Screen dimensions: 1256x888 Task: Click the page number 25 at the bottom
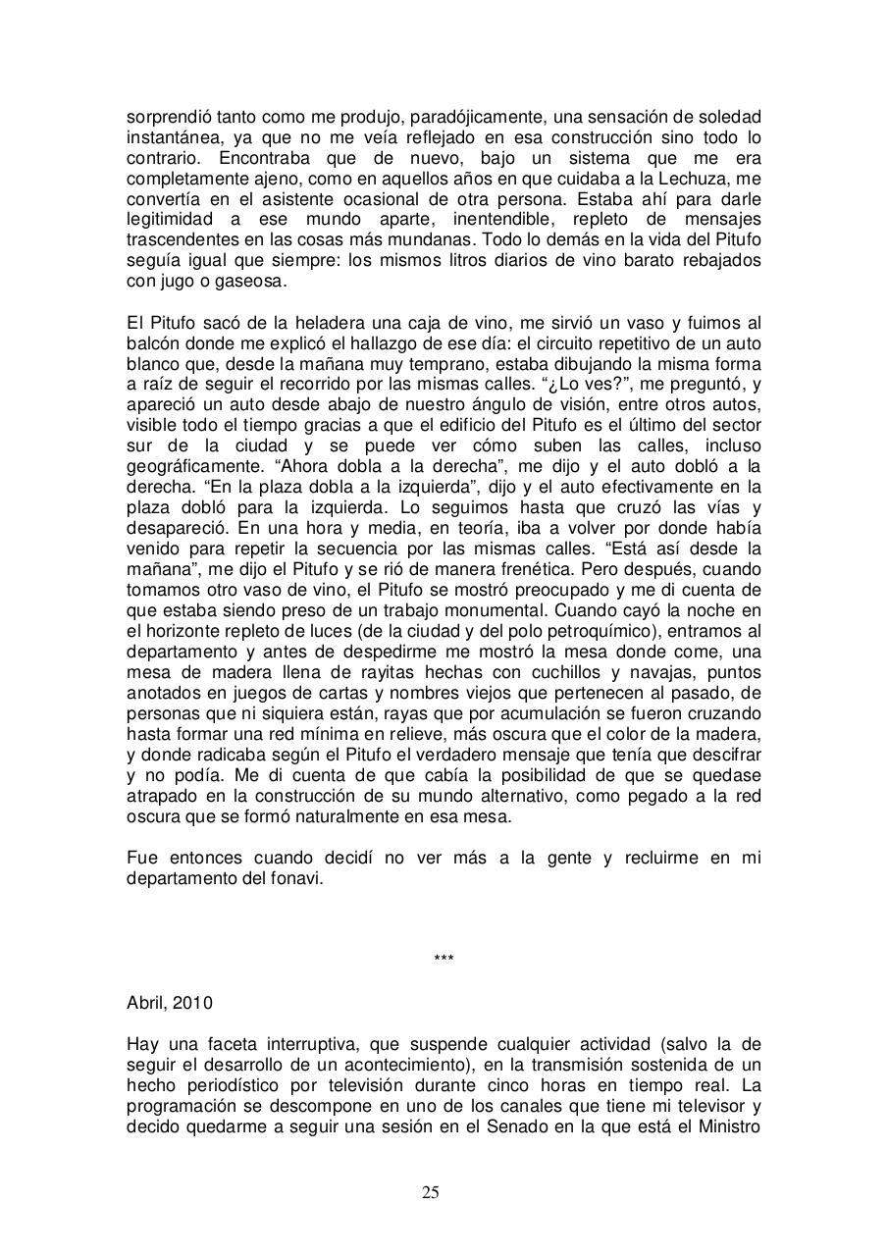tap(431, 1192)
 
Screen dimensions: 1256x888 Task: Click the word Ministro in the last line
tap(729, 1125)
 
